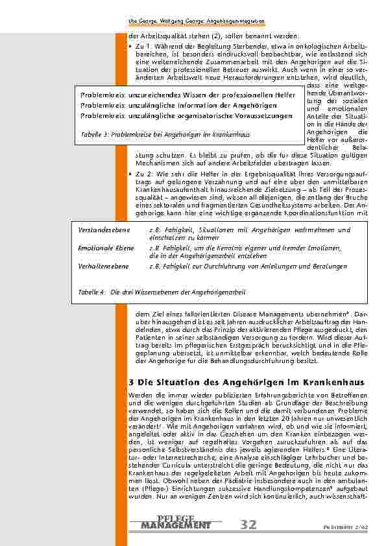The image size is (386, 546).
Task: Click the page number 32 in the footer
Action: (248, 523)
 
